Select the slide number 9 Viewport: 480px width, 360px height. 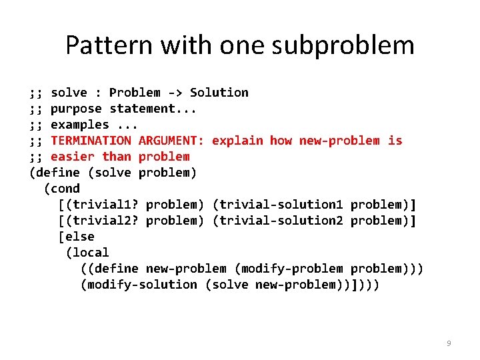[x=449, y=343]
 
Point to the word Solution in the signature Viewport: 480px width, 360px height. [x=219, y=93]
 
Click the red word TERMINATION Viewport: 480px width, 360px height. [x=91, y=141]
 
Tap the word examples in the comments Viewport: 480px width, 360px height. [x=80, y=125]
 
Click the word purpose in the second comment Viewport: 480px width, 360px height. [x=77, y=109]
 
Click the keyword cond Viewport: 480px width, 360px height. [x=65, y=189]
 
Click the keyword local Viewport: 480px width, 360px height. [x=91, y=253]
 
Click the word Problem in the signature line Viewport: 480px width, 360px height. [x=135, y=93]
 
